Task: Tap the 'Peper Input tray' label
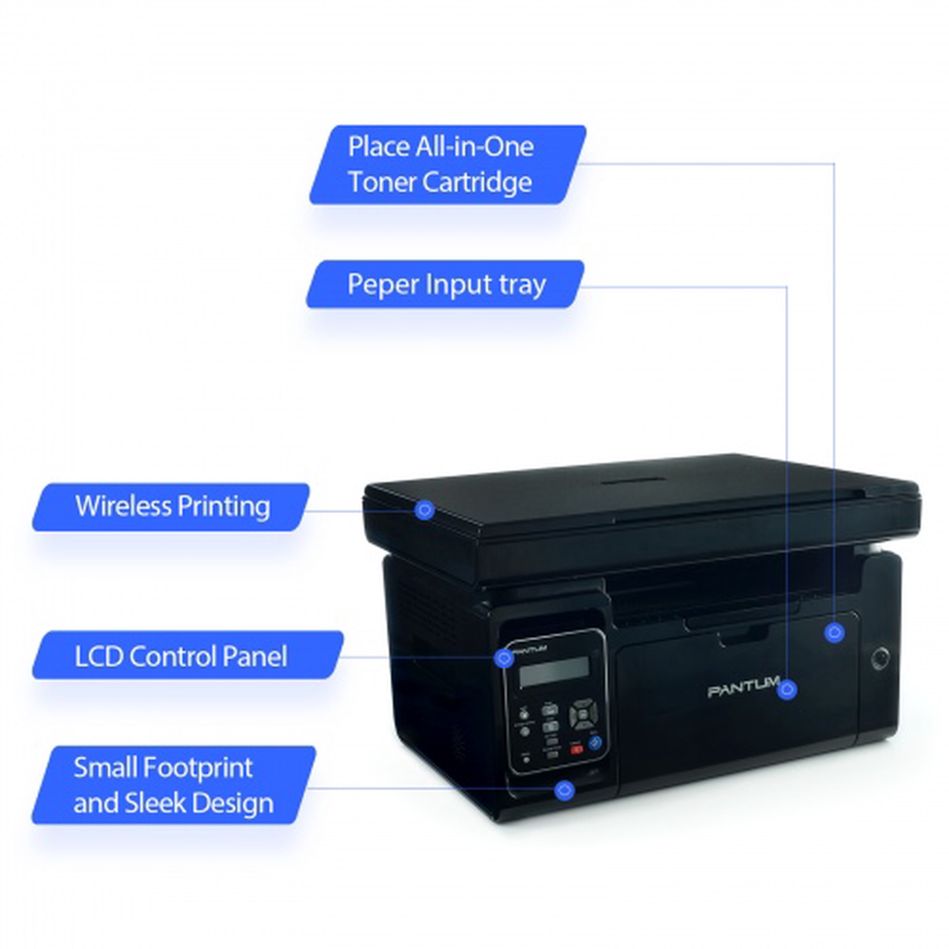click(446, 284)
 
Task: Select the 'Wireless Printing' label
click(172, 507)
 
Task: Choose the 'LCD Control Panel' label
click(182, 656)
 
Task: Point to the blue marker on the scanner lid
click(424, 510)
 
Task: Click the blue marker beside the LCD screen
click(503, 658)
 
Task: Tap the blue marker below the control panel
click(564, 790)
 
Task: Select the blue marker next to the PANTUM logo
click(788, 689)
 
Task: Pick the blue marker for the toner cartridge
click(834, 633)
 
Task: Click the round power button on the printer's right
click(879, 659)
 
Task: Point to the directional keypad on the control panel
click(584, 715)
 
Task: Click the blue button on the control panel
click(595, 743)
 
